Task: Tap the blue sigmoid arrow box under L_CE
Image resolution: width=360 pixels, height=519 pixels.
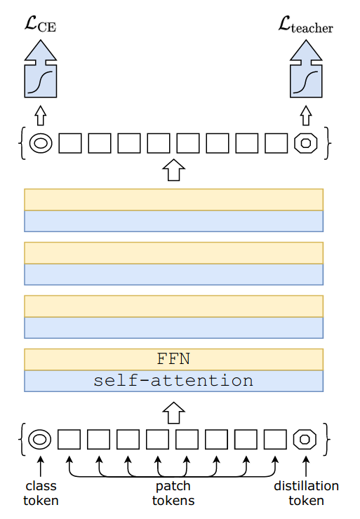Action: [x=41, y=69]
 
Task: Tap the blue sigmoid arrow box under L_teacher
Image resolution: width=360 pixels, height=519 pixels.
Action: [x=306, y=69]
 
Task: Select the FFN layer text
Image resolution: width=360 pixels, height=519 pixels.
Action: [x=173, y=359]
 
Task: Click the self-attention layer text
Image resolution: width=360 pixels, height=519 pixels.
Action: [x=173, y=381]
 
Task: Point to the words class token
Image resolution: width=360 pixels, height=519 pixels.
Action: [x=41, y=493]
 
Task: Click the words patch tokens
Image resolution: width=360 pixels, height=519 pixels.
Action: [x=173, y=493]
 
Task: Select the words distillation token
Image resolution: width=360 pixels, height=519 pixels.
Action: [x=307, y=493]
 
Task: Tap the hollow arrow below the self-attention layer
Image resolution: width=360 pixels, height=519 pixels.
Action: [x=173, y=413]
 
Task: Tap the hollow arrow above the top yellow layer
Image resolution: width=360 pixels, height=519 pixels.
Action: [x=173, y=170]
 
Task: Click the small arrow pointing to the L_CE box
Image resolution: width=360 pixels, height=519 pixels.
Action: [x=41, y=116]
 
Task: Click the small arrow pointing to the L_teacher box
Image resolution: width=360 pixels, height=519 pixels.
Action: [x=306, y=116]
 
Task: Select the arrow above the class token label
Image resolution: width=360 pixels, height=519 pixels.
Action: [x=41, y=466]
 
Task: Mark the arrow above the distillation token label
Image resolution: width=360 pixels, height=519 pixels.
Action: [x=306, y=466]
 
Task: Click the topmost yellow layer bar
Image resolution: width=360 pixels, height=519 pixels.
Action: [x=173, y=200]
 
